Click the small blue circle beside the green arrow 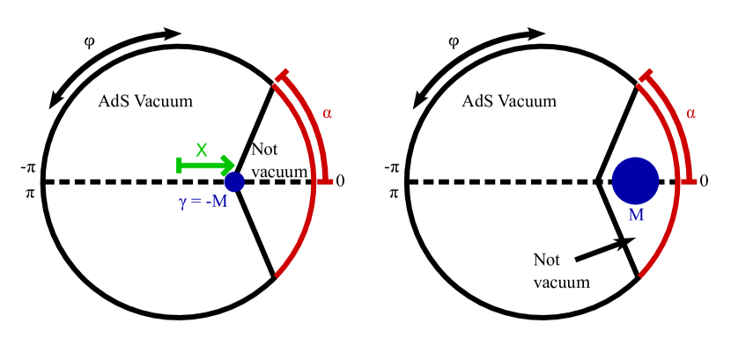(234, 182)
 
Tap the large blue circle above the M (635, 180)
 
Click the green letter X (202, 151)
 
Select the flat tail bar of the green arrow (180, 165)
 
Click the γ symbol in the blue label (182, 203)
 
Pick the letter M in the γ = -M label (219, 202)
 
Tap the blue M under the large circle (636, 216)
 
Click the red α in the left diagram (327, 114)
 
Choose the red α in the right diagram (690, 114)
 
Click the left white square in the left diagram (81, 47)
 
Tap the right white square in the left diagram (96, 47)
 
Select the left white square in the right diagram (446, 47)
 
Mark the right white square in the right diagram (461, 47)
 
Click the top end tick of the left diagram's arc (282, 76)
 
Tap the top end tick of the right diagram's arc (646, 76)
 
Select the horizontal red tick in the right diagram (688, 181)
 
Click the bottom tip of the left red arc (277, 276)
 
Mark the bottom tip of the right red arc (641, 276)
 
